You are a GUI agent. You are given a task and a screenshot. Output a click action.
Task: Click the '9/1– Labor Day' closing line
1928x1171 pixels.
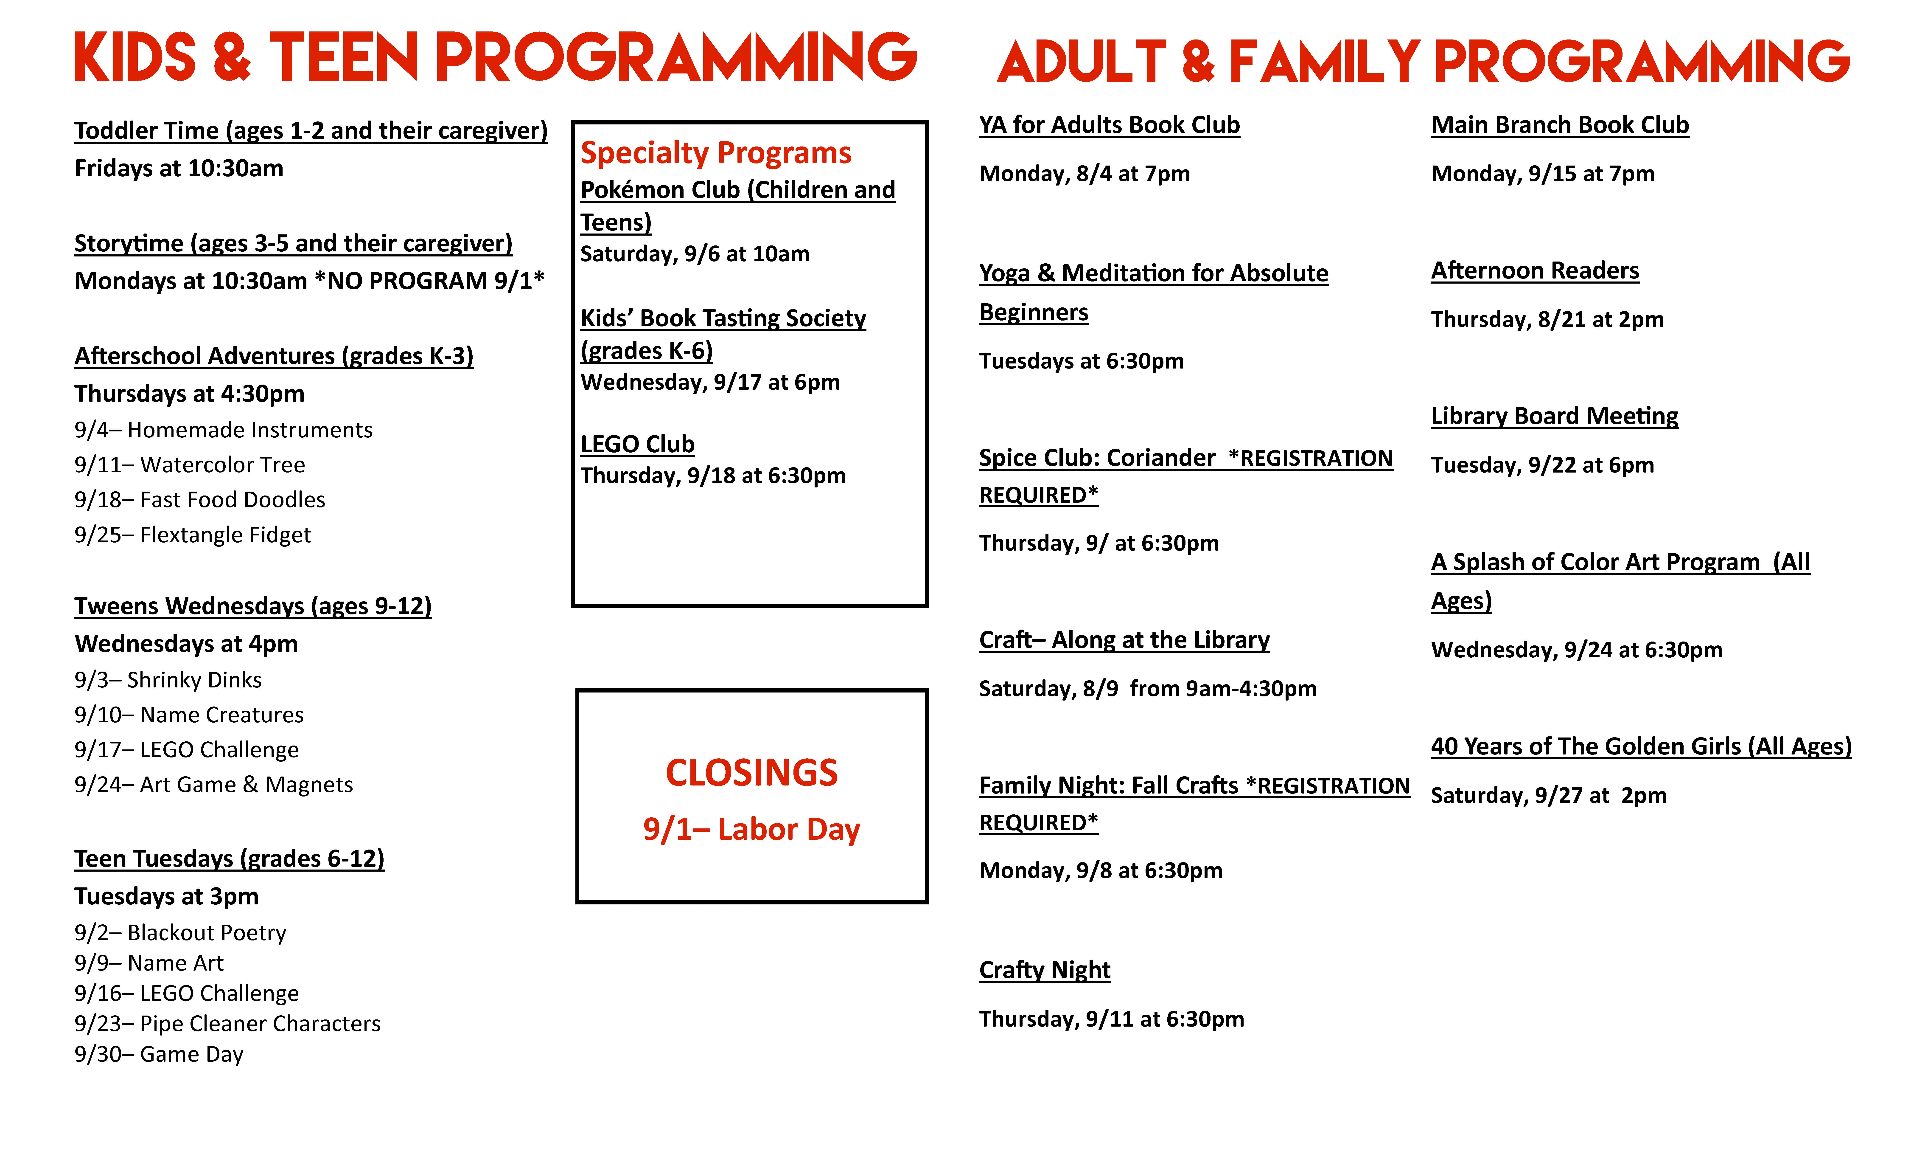751,829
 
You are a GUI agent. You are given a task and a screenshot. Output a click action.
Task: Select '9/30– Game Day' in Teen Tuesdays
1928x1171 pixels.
159,1054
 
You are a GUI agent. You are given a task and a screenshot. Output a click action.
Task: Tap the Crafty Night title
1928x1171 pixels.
1045,970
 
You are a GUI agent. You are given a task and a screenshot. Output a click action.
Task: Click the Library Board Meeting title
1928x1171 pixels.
1554,416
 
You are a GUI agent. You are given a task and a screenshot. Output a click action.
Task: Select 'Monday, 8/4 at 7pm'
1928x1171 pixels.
1084,174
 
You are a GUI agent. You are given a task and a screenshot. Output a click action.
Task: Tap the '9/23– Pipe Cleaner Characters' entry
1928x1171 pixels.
227,1024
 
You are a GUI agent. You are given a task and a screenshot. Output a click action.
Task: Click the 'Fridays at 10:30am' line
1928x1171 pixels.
178,168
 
